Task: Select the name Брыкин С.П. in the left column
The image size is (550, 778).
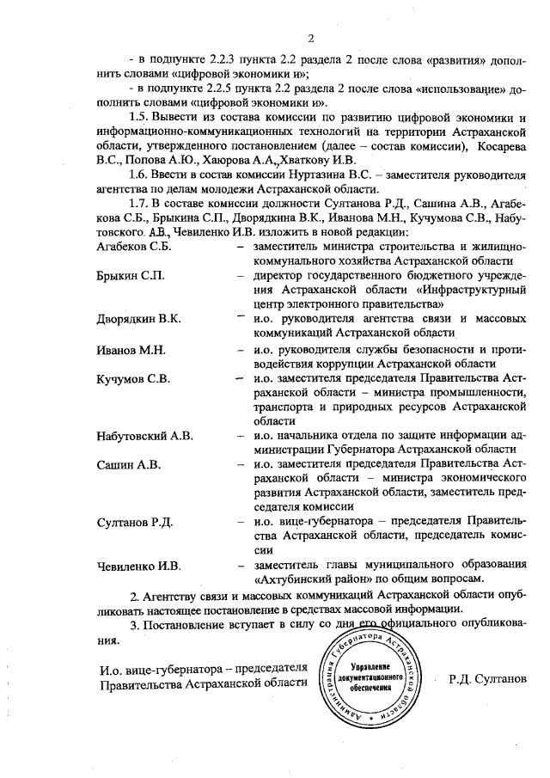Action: (x=131, y=276)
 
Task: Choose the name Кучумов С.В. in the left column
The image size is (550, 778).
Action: (x=134, y=378)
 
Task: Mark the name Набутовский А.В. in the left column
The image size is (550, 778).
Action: (x=145, y=437)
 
